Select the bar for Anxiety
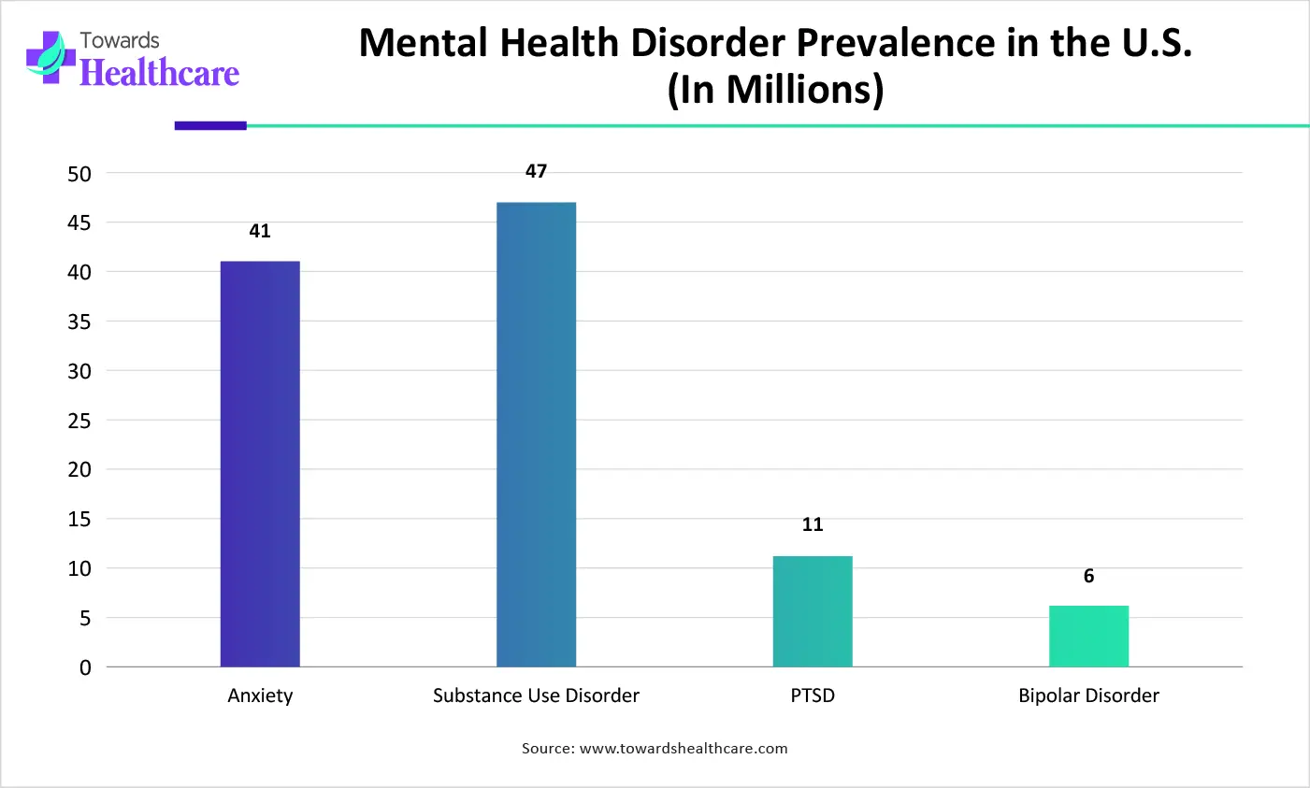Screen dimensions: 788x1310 [x=260, y=464]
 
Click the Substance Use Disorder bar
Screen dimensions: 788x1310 [x=536, y=435]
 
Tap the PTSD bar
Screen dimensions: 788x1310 [x=813, y=611]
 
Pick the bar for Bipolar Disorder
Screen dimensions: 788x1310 [x=1088, y=637]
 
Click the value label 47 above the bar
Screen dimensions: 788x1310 [x=536, y=171]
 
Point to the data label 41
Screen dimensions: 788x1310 [x=260, y=231]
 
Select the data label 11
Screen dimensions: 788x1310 [x=813, y=524]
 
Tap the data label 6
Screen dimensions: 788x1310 [x=1088, y=576]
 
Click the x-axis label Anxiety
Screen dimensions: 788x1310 [x=260, y=695]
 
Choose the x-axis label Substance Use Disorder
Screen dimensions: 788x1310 [x=536, y=695]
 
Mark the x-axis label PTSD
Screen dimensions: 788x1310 [x=813, y=695]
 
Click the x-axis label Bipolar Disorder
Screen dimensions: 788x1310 [x=1088, y=695]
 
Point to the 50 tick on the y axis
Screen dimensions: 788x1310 [x=79, y=174]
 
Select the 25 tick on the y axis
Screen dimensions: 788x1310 [x=79, y=421]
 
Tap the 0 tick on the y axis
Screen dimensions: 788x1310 [x=85, y=667]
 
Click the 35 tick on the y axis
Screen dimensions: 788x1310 [x=79, y=322]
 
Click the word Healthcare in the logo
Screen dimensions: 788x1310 [x=160, y=72]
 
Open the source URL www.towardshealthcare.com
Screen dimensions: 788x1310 [x=684, y=749]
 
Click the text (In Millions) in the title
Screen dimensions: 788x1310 [x=775, y=90]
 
